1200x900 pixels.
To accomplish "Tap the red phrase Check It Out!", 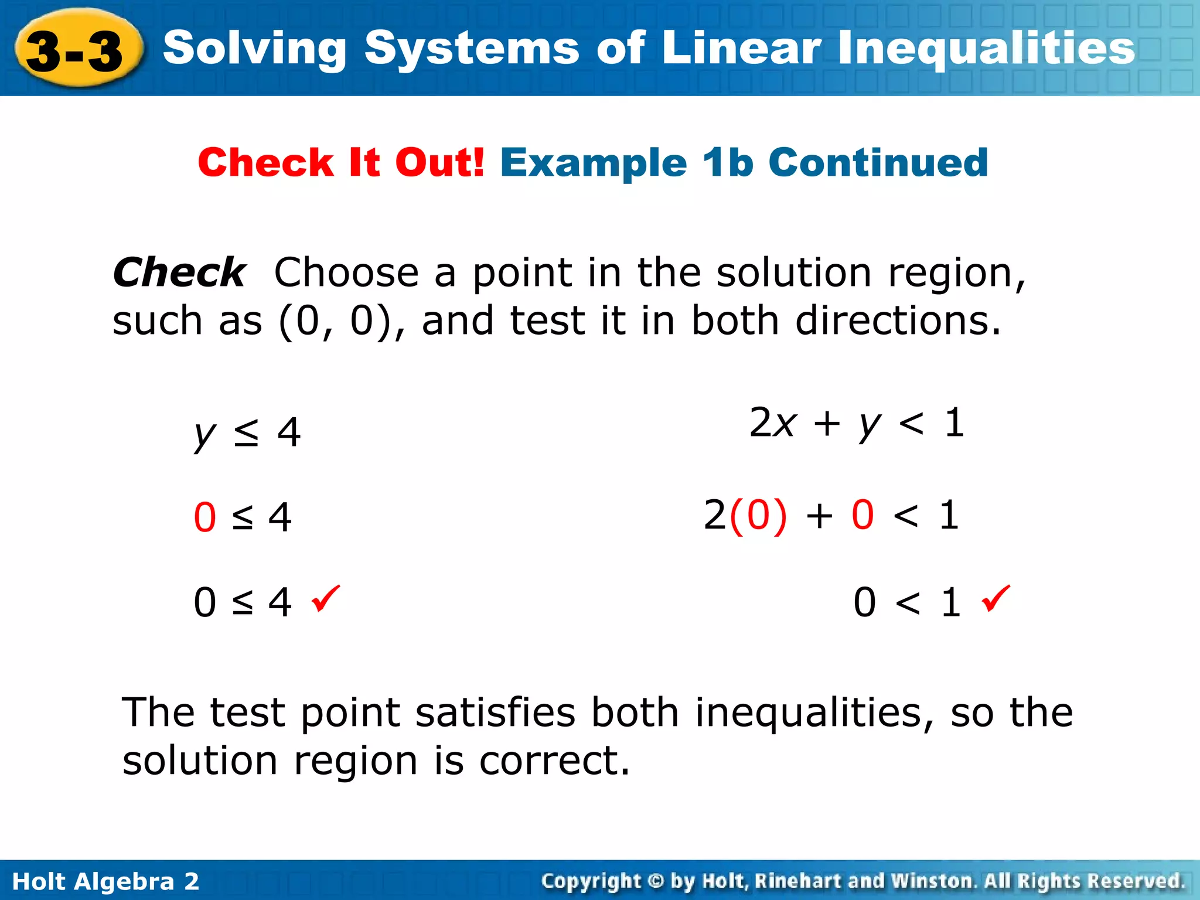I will tap(341, 162).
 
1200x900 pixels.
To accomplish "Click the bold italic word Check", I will tap(179, 272).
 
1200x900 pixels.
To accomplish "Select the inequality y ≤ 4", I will tap(247, 433).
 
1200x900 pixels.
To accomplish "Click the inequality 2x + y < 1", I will tap(856, 423).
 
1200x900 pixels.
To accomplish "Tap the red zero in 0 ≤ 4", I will tap(205, 518).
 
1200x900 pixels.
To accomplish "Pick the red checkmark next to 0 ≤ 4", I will tap(325, 598).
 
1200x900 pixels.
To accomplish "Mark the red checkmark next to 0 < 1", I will tap(996, 598).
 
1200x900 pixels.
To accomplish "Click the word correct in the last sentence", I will tap(554, 761).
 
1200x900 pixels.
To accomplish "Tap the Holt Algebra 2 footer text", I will tap(105, 881).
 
